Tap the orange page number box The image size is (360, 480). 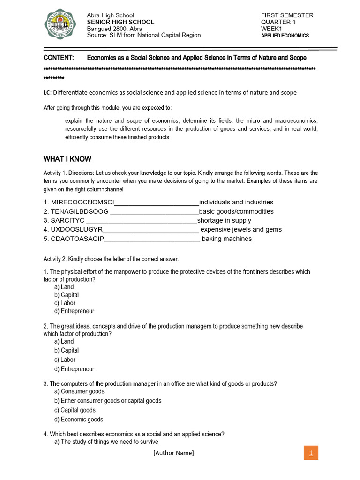311,453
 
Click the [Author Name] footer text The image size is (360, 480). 173,453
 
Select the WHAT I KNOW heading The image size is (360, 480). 67,159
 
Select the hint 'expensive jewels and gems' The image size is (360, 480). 241,229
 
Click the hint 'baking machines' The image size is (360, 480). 227,239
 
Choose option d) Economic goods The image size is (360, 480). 78,420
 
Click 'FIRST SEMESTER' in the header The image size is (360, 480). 287,15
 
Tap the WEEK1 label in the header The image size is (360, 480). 271,29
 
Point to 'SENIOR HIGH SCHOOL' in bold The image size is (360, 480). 120,22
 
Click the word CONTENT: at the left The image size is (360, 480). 59,58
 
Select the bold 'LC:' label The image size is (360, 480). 48,93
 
